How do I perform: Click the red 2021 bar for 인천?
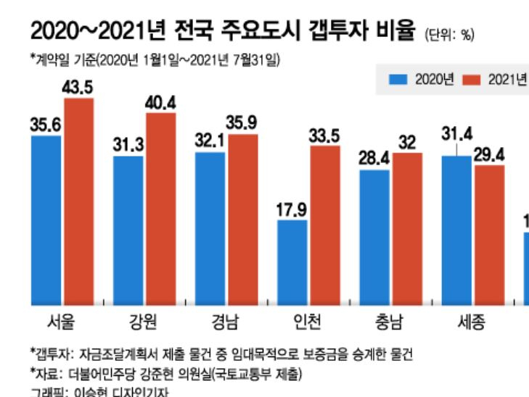pos(325,225)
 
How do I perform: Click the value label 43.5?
pos(79,88)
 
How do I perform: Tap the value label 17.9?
pos(292,209)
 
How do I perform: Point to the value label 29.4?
pos(489,154)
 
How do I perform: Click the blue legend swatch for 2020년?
pos(398,79)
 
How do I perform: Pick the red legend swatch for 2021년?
pos(472,79)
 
